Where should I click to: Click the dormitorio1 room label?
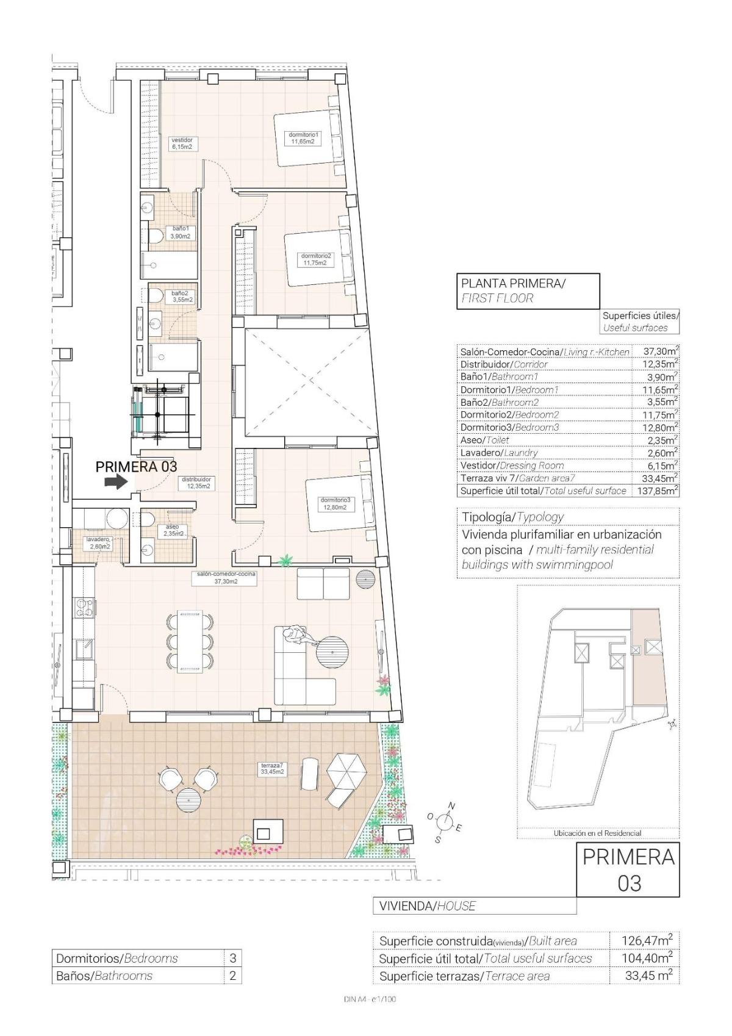tap(303, 138)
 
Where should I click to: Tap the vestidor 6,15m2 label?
tap(182, 143)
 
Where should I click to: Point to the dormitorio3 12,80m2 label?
tap(334, 503)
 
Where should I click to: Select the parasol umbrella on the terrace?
tap(346, 771)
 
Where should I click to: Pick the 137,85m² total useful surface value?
tap(657, 491)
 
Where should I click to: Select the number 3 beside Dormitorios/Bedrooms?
tap(232, 959)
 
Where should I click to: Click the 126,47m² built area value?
tap(642, 940)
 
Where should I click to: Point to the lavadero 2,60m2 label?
tap(98, 543)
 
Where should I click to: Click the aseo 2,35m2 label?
tap(173, 530)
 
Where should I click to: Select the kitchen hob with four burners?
tap(84, 607)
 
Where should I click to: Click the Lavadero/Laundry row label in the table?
tap(499, 453)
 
